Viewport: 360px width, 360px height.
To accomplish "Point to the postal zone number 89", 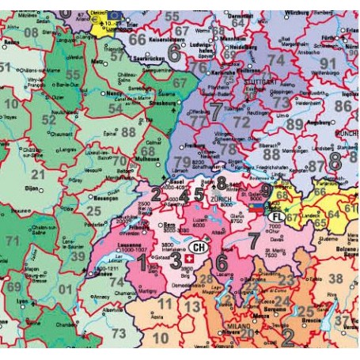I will (x=294, y=123).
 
